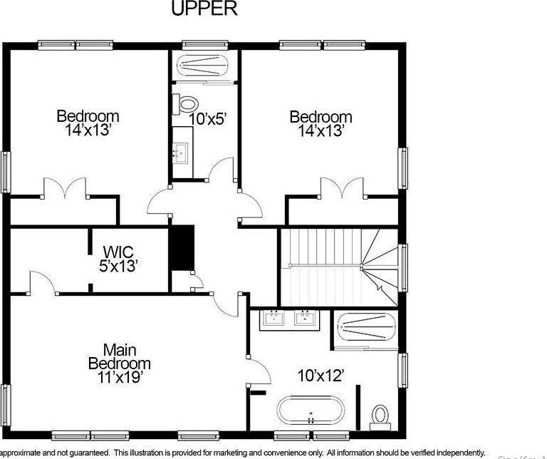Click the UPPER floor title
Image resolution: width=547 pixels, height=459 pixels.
[204, 9]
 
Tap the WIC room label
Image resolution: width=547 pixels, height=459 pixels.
[119, 252]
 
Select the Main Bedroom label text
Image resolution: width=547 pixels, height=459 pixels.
[119, 356]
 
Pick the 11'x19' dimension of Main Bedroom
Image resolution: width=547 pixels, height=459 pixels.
[119, 378]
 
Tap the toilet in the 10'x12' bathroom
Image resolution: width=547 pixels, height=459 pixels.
[381, 415]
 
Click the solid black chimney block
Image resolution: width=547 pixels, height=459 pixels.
[182, 248]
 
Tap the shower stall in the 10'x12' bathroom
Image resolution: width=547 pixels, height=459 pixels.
[366, 330]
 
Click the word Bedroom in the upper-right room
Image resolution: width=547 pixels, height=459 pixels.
[321, 117]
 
